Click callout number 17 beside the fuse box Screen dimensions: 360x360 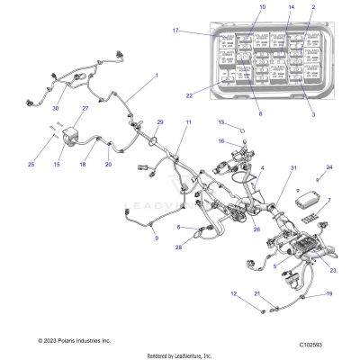[x=176, y=31]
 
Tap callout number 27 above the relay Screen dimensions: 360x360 [x=85, y=110]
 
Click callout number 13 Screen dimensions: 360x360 [x=220, y=121]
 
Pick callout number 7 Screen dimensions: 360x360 [x=328, y=201]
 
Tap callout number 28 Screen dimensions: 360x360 [x=178, y=247]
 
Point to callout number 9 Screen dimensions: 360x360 [x=155, y=238]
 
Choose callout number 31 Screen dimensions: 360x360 [x=292, y=168]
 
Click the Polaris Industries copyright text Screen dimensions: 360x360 [x=62, y=341]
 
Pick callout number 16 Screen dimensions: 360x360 [x=220, y=140]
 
